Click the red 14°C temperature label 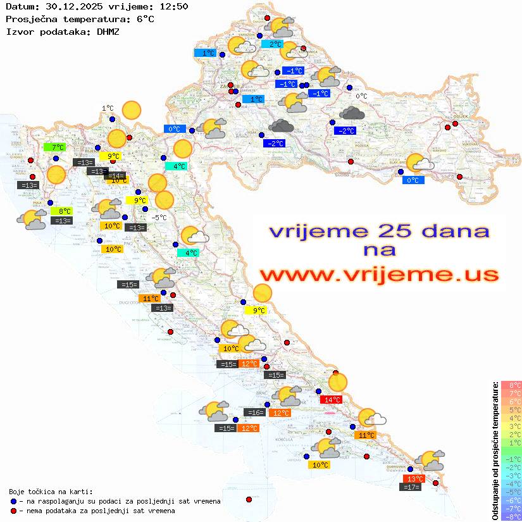click(x=332, y=399)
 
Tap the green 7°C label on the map click(x=54, y=147)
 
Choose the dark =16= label click(x=254, y=413)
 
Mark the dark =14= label click(x=115, y=176)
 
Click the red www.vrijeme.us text click(x=378, y=275)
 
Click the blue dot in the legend click(x=13, y=501)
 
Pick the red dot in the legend click(x=13, y=511)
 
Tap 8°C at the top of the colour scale click(x=511, y=385)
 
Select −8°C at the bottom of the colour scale click(x=511, y=516)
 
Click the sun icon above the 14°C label click(x=339, y=382)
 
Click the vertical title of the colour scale click(x=495, y=451)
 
